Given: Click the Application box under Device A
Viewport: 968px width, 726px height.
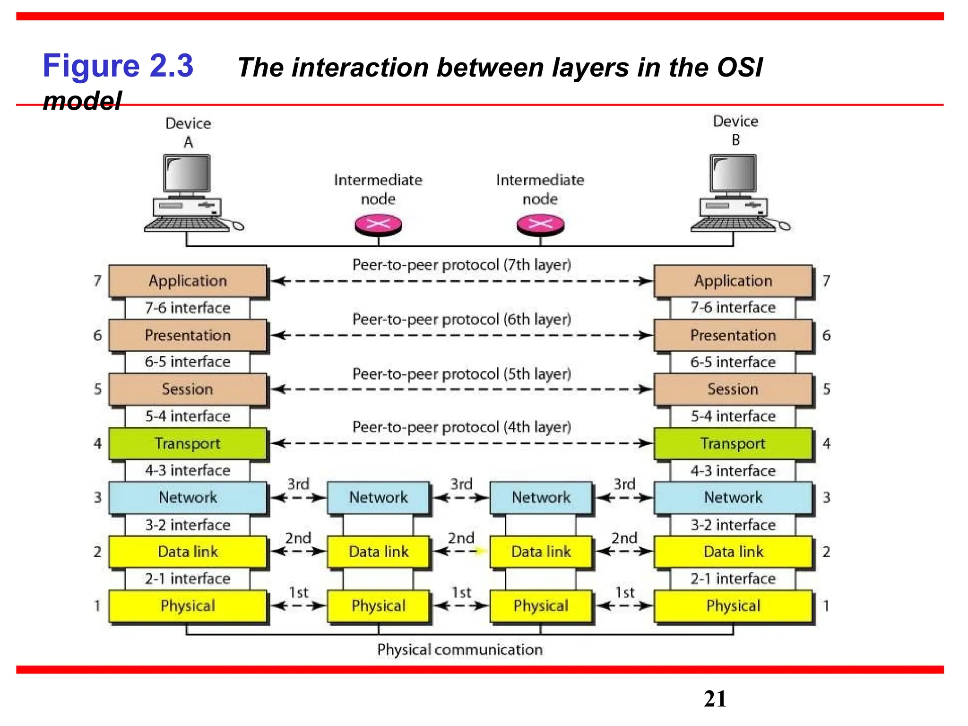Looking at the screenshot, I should point(188,281).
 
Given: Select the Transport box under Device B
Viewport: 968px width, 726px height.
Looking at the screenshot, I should point(733,443).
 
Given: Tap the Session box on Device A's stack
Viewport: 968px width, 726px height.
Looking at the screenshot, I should point(188,389).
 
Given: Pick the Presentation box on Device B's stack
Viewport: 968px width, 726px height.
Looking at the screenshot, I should point(733,335).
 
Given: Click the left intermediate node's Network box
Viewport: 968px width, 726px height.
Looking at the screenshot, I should point(378,497).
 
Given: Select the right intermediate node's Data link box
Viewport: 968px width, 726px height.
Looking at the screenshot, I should point(541,552).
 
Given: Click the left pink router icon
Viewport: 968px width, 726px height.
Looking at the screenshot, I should point(378,225).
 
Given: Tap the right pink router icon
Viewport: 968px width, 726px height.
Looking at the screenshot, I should point(540,225).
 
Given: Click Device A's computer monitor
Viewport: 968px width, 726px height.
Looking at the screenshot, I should point(187,173).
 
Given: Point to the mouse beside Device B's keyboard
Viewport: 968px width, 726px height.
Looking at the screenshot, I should point(785,226).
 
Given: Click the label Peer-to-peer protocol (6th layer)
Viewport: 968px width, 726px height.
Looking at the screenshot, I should point(462,319).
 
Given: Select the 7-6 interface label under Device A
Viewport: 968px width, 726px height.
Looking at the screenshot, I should point(188,308).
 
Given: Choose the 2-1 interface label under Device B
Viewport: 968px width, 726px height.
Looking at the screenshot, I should point(733,579).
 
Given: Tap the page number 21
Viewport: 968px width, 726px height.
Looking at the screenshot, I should point(715,699).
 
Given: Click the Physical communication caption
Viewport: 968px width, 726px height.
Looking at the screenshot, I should point(460,649).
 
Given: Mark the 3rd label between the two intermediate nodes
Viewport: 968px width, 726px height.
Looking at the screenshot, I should point(461,484).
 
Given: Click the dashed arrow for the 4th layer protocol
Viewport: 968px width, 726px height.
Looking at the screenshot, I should point(462,443).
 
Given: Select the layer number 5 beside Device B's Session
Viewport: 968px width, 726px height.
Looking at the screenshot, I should point(826,389).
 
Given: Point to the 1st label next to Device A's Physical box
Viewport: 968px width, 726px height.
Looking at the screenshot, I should point(298,592).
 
